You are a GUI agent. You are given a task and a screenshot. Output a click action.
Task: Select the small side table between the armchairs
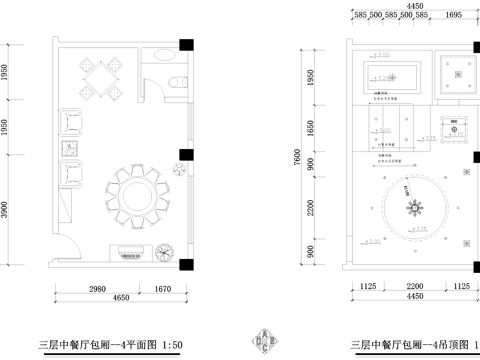(70, 148)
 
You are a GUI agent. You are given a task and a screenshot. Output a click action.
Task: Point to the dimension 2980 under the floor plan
(96, 288)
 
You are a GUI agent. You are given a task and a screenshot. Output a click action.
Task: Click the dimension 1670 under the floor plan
(162, 288)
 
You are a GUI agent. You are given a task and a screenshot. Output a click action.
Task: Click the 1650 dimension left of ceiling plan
(310, 128)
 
